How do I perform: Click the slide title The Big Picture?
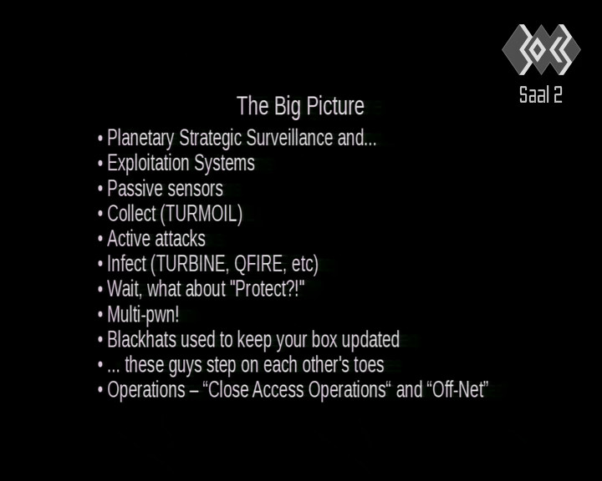click(x=300, y=106)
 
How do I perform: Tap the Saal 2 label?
click(x=541, y=94)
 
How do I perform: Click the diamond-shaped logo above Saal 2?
click(x=541, y=49)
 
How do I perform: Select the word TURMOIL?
click(x=202, y=213)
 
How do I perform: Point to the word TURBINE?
click(x=191, y=264)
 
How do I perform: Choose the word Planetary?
click(x=140, y=139)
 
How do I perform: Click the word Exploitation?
click(x=148, y=164)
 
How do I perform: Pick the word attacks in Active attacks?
click(x=181, y=239)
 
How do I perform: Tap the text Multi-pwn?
click(x=143, y=315)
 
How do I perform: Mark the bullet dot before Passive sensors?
click(x=100, y=189)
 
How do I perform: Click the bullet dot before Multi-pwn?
click(x=100, y=315)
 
